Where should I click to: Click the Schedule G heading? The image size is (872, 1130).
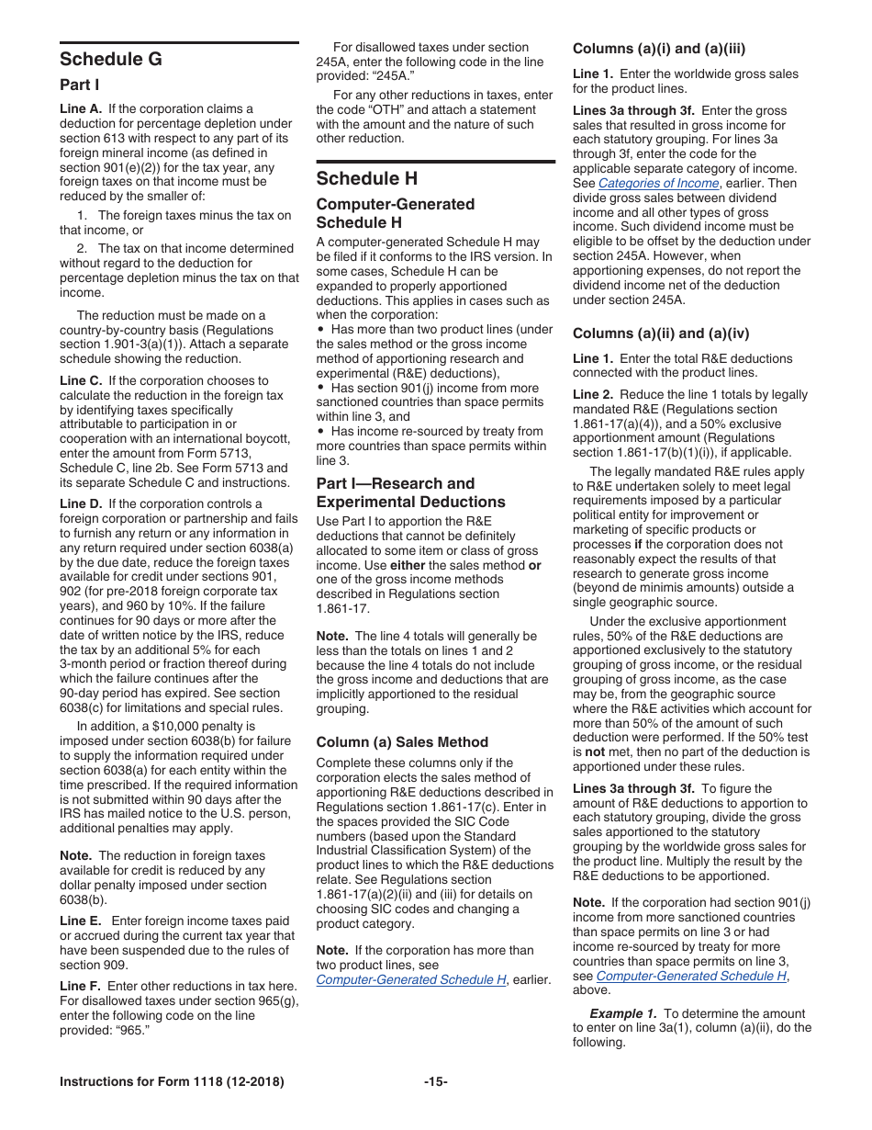pos(111,60)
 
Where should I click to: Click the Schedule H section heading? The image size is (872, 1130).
pos(366,178)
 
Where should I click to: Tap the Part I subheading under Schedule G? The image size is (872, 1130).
pos(80,85)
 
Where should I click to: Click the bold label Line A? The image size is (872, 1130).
pos(81,108)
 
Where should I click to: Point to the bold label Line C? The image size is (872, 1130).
pos(82,380)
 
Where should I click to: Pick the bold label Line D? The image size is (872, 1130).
pos(82,503)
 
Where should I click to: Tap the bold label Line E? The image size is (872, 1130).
pos(81,921)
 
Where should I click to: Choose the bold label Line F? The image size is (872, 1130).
pos(81,986)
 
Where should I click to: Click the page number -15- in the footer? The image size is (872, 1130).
pos(436,1082)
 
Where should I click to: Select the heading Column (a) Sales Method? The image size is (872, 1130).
pos(402,741)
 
